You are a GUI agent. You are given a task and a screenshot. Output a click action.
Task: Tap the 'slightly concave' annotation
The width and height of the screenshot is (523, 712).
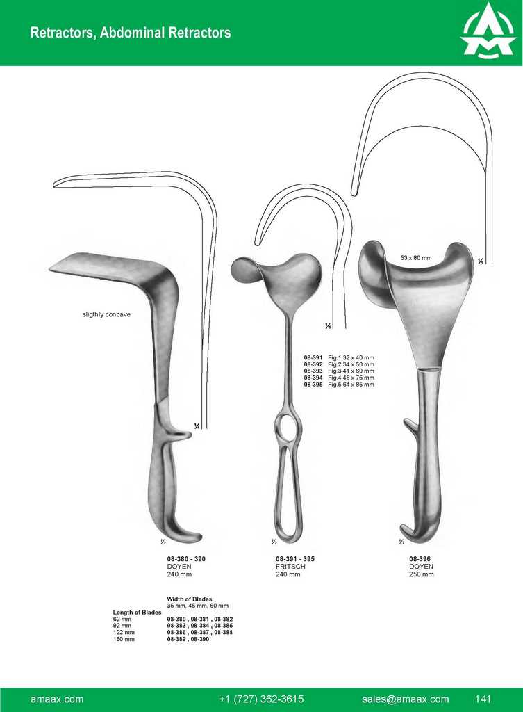pos(106,314)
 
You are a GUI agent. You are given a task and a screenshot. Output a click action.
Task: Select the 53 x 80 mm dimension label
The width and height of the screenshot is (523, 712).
pos(416,258)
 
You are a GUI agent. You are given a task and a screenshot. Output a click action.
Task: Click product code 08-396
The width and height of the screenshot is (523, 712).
pos(420,559)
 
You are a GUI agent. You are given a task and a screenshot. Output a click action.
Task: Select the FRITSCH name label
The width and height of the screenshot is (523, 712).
pos(290,567)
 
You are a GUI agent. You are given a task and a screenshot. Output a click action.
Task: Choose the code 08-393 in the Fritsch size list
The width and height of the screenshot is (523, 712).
pos(313,371)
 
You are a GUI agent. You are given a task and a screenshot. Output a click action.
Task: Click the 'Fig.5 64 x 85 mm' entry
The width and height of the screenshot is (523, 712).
pos(351,385)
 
